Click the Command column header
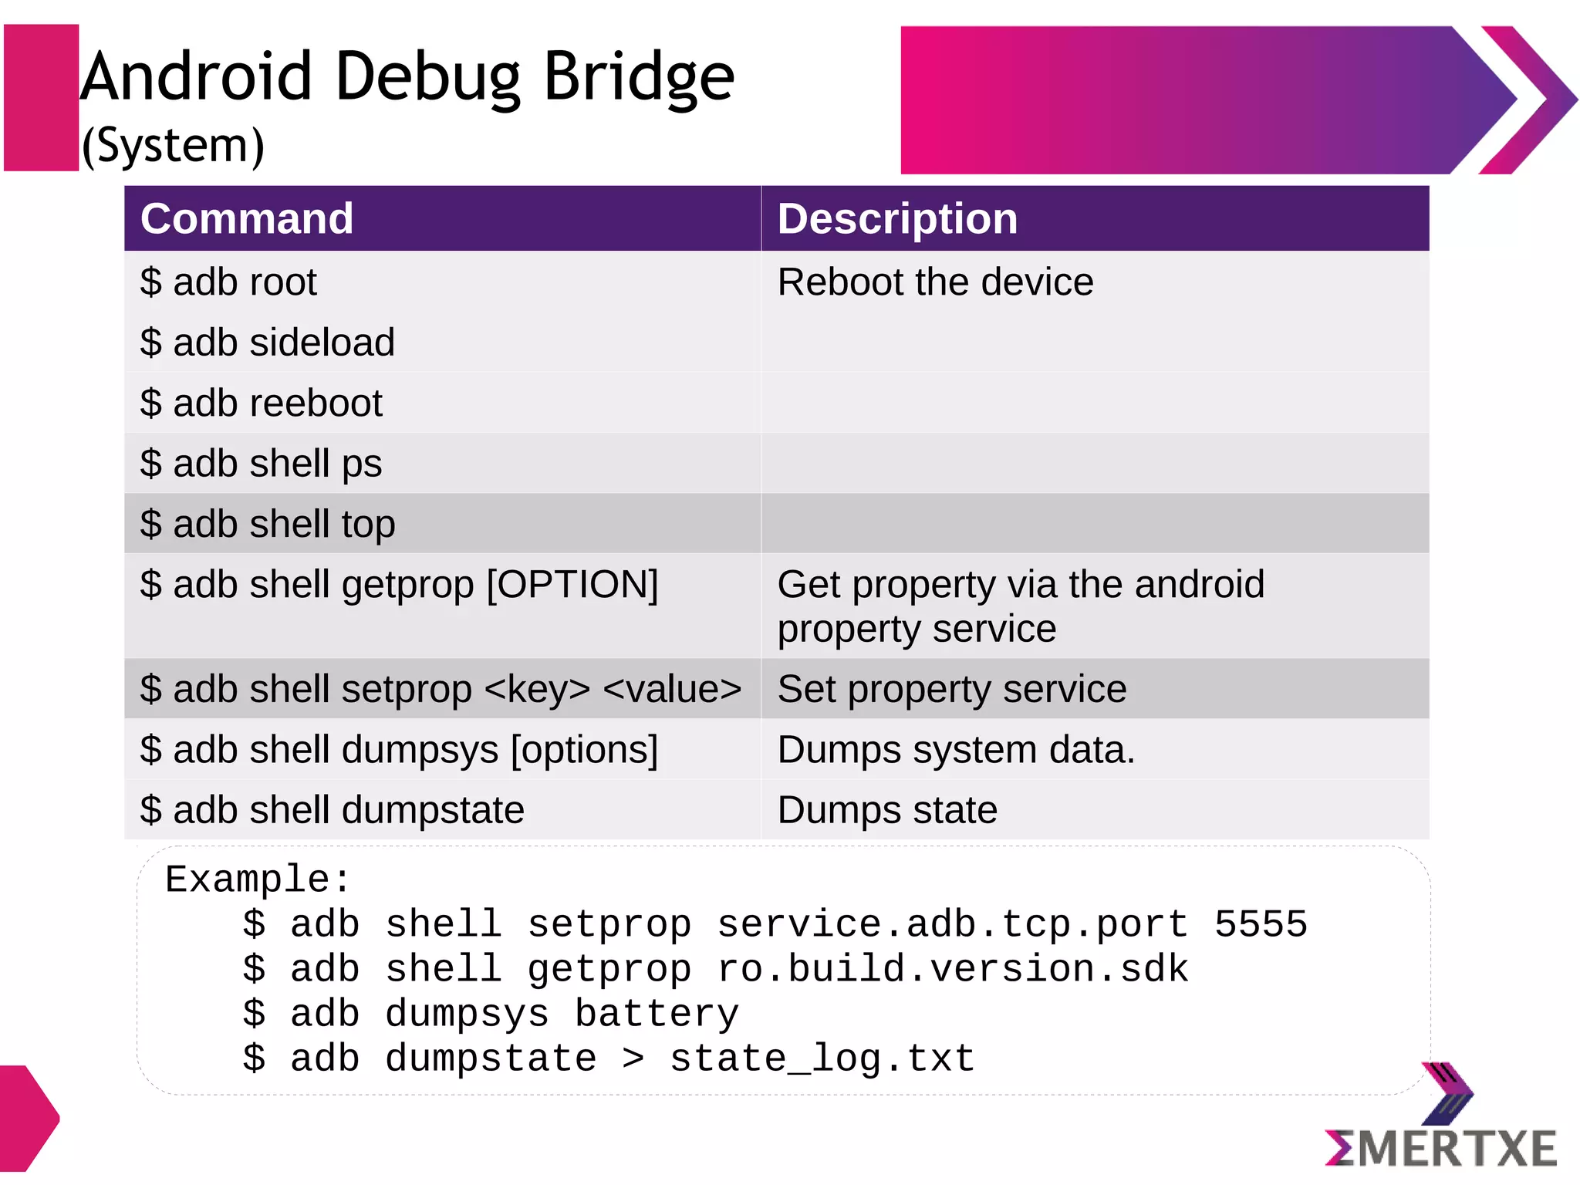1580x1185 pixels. (247, 219)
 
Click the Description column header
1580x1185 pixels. (897, 219)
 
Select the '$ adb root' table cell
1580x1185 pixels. (228, 282)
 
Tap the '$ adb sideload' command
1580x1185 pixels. (267, 343)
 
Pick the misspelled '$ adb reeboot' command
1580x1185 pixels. (261, 403)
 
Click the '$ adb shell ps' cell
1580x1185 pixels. (261, 464)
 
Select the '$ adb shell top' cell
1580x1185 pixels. (267, 524)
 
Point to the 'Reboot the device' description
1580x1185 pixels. (935, 282)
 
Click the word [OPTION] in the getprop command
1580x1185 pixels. (572, 585)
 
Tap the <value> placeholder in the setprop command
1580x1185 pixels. (672, 689)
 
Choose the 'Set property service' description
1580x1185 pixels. (951, 689)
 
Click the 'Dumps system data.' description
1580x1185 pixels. (956, 750)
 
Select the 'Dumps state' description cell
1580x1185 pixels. (887, 810)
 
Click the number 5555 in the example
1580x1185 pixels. (1261, 924)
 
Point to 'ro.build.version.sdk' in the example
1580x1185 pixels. (953, 969)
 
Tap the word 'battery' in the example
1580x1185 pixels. (657, 1014)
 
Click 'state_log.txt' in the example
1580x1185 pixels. (822, 1058)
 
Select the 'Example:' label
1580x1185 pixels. (258, 879)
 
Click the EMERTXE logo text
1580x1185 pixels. (1441, 1149)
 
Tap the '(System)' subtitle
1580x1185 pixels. (173, 145)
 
